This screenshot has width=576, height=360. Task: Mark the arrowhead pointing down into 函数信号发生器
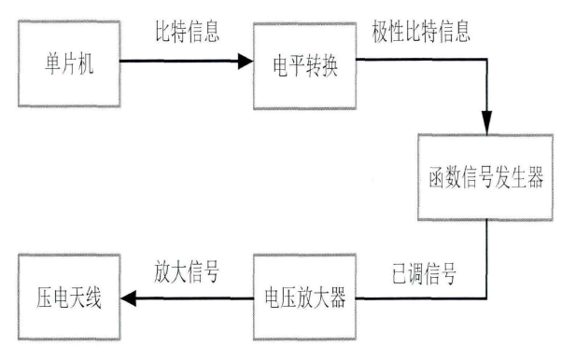[x=486, y=125]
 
